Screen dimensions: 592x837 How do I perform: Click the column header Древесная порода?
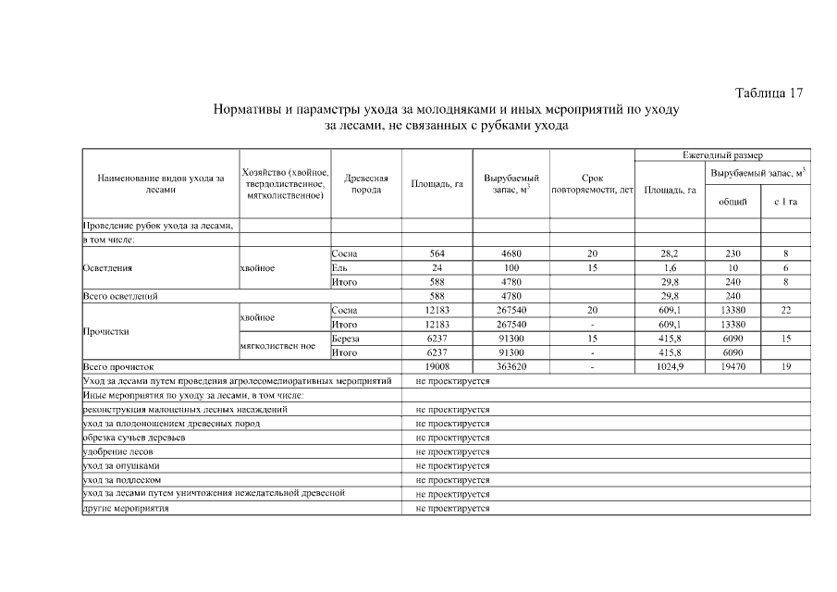click(x=365, y=183)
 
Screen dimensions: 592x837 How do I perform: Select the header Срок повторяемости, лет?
click(x=592, y=183)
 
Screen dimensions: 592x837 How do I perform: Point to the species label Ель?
click(x=338, y=267)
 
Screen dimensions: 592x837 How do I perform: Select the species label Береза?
click(x=345, y=339)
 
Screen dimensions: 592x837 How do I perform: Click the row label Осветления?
click(x=108, y=267)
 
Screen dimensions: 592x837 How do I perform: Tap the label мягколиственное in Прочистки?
click(x=278, y=346)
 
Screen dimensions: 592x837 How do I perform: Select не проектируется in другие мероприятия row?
click(x=452, y=509)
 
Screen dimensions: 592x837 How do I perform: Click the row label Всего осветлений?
click(x=119, y=296)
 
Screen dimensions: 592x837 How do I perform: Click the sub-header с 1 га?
click(x=786, y=202)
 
